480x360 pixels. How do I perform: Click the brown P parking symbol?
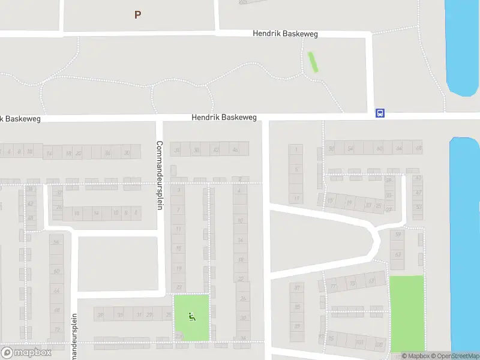pos(137,14)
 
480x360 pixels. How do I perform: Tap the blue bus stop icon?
pos(380,113)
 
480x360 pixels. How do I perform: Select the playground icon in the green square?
pos(192,317)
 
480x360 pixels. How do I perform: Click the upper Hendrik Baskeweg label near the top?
pos(285,34)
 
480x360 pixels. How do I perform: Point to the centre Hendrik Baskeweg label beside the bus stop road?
pos(224,118)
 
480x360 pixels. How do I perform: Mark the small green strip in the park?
pos(313,62)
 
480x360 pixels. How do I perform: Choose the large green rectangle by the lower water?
pos(407,313)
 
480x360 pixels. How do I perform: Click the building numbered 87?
pos(296,288)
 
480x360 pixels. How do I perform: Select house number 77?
pos(334,287)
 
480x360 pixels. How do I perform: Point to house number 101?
pos(359,343)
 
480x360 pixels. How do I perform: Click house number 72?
pos(57,329)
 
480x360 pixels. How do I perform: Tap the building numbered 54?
pos(350,148)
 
